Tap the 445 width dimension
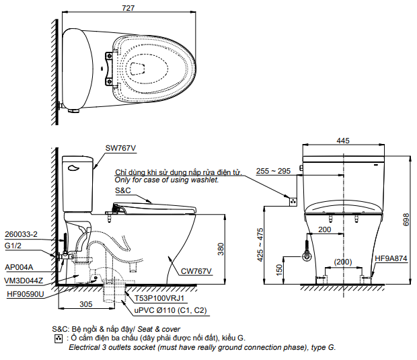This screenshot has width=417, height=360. pos(343,141)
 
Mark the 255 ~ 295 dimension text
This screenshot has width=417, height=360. pos(273,172)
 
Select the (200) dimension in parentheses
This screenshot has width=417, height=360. pos(343,262)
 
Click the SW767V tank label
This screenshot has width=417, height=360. pos(120,148)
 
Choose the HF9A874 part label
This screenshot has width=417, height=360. pos(390,258)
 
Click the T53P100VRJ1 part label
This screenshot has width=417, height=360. pos(159,297)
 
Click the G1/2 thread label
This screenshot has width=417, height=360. pos(13,246)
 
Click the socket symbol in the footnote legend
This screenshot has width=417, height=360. pos(58,337)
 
